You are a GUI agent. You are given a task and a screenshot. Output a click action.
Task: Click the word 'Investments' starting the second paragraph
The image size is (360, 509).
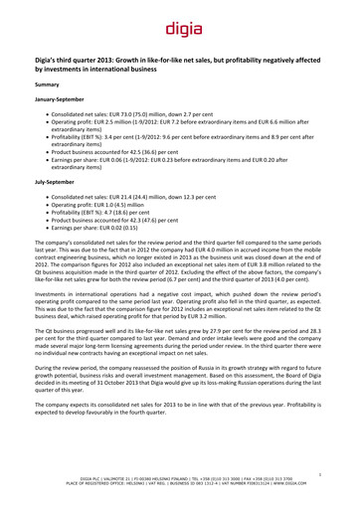(x=50, y=295)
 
